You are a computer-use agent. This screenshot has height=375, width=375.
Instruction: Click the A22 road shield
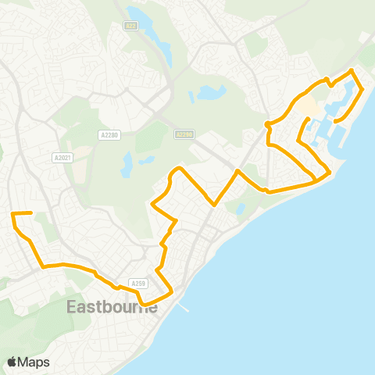pyautogui.click(x=130, y=25)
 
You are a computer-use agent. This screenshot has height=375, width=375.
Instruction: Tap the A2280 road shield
pyautogui.click(x=110, y=135)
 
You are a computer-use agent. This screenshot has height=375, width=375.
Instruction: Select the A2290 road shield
pyautogui.click(x=184, y=134)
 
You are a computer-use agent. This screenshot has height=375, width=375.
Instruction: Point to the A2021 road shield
pyautogui.click(x=62, y=157)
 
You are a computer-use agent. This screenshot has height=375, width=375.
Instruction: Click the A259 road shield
pyautogui.click(x=138, y=284)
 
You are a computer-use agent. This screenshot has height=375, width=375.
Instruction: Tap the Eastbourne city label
pyautogui.click(x=112, y=306)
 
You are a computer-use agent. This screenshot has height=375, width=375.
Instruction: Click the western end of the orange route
pyautogui.click(x=12, y=213)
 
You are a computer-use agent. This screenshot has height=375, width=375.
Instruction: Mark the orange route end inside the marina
pyautogui.click(x=334, y=122)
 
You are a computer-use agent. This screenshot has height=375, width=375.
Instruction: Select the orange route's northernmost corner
pyautogui.click(x=352, y=70)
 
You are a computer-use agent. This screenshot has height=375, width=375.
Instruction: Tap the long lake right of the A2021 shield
pyautogui.click(x=127, y=164)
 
